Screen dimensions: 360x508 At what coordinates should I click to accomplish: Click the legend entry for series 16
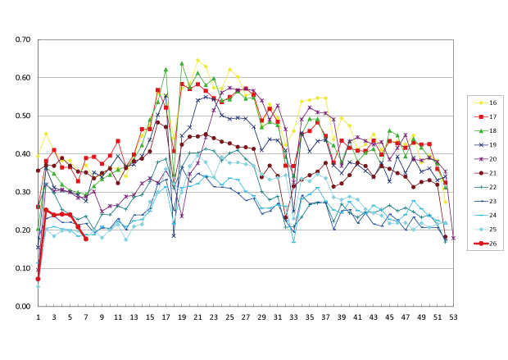click(x=491, y=103)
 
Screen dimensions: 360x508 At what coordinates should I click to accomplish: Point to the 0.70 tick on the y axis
click(x=22, y=39)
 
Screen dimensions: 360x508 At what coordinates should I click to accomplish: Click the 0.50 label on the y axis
click(x=22, y=116)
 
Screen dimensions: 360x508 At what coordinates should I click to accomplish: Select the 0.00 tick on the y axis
click(x=22, y=306)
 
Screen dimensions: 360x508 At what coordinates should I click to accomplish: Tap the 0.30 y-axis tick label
click(x=22, y=192)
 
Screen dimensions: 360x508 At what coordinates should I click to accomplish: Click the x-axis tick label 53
click(x=453, y=316)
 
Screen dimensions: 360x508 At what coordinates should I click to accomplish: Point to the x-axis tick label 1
click(x=38, y=316)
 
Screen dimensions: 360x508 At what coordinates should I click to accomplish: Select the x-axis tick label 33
click(x=293, y=316)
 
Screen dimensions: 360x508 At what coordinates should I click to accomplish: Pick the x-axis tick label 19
click(x=181, y=316)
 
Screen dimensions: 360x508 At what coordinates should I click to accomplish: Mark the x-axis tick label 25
click(x=229, y=316)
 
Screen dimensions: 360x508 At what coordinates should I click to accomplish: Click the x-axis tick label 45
click(x=389, y=316)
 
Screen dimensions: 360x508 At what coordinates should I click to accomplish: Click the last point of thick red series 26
click(x=86, y=239)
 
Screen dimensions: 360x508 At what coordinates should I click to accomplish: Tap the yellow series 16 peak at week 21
click(x=197, y=61)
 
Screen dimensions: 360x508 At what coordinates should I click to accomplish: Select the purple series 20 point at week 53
click(x=453, y=238)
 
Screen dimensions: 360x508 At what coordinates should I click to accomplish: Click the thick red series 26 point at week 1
click(x=38, y=279)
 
